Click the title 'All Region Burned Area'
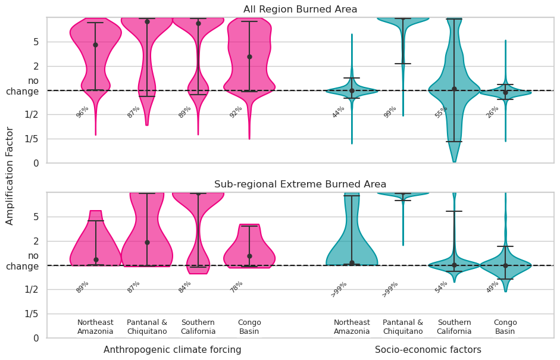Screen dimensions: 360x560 click(300, 10)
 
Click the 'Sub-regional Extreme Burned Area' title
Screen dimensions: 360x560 click(300, 184)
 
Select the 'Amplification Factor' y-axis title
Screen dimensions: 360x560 click(10, 176)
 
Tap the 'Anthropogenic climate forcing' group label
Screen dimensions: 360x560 click(172, 350)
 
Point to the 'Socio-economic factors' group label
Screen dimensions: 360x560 click(428, 350)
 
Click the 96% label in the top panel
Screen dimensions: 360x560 click(82, 112)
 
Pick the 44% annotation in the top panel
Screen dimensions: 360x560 click(338, 112)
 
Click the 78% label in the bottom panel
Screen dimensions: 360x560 click(236, 287)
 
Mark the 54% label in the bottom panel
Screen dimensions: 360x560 click(441, 287)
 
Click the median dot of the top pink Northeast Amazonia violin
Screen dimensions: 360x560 click(95, 45)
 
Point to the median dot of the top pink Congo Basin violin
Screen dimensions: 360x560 click(249, 57)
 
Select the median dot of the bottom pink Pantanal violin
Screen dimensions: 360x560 click(147, 242)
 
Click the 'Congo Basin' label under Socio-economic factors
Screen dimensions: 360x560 click(505, 327)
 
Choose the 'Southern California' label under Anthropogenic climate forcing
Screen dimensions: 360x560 click(198, 327)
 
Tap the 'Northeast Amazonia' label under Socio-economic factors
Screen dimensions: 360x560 click(352, 327)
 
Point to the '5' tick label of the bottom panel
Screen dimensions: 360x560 click(36, 217)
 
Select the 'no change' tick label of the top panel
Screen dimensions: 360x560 click(23, 86)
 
